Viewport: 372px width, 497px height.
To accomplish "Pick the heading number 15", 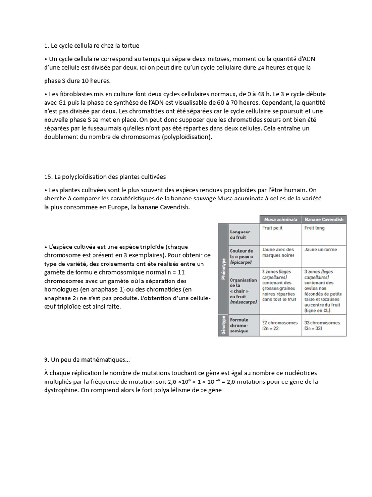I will click(x=47, y=176).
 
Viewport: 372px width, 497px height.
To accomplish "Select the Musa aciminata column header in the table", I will click(x=281, y=219).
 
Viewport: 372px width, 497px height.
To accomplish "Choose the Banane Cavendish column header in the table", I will click(x=324, y=219).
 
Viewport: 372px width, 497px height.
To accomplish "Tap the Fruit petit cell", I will click(x=273, y=228).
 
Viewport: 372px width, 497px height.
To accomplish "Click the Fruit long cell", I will click(x=314, y=228).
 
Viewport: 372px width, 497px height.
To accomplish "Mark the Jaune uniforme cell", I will click(x=320, y=249).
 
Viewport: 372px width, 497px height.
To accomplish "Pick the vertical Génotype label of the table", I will click(x=223, y=325).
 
